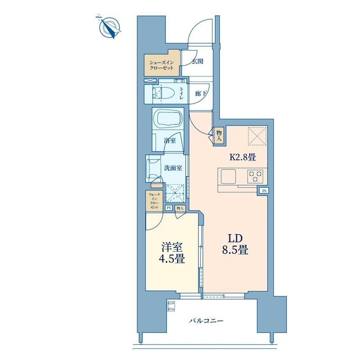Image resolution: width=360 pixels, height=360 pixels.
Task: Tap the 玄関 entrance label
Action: point(198,61)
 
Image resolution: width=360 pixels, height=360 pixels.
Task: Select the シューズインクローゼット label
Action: point(161,65)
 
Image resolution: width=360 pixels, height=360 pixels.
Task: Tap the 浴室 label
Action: point(170,140)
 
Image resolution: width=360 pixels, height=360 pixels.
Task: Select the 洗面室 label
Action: point(173,168)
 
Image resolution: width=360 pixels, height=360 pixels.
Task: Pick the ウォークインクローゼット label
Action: point(154,201)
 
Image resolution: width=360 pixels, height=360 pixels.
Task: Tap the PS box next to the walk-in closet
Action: point(169,208)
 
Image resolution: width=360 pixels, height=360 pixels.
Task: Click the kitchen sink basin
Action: point(228,176)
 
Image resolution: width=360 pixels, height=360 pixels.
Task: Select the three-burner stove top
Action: point(255,176)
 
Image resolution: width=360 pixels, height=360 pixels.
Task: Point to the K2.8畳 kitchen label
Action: point(243,157)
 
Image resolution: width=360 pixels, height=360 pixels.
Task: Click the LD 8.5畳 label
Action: point(235,245)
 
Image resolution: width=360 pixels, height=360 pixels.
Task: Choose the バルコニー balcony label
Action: point(206,320)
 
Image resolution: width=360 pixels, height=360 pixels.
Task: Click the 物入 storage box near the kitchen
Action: point(219,135)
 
